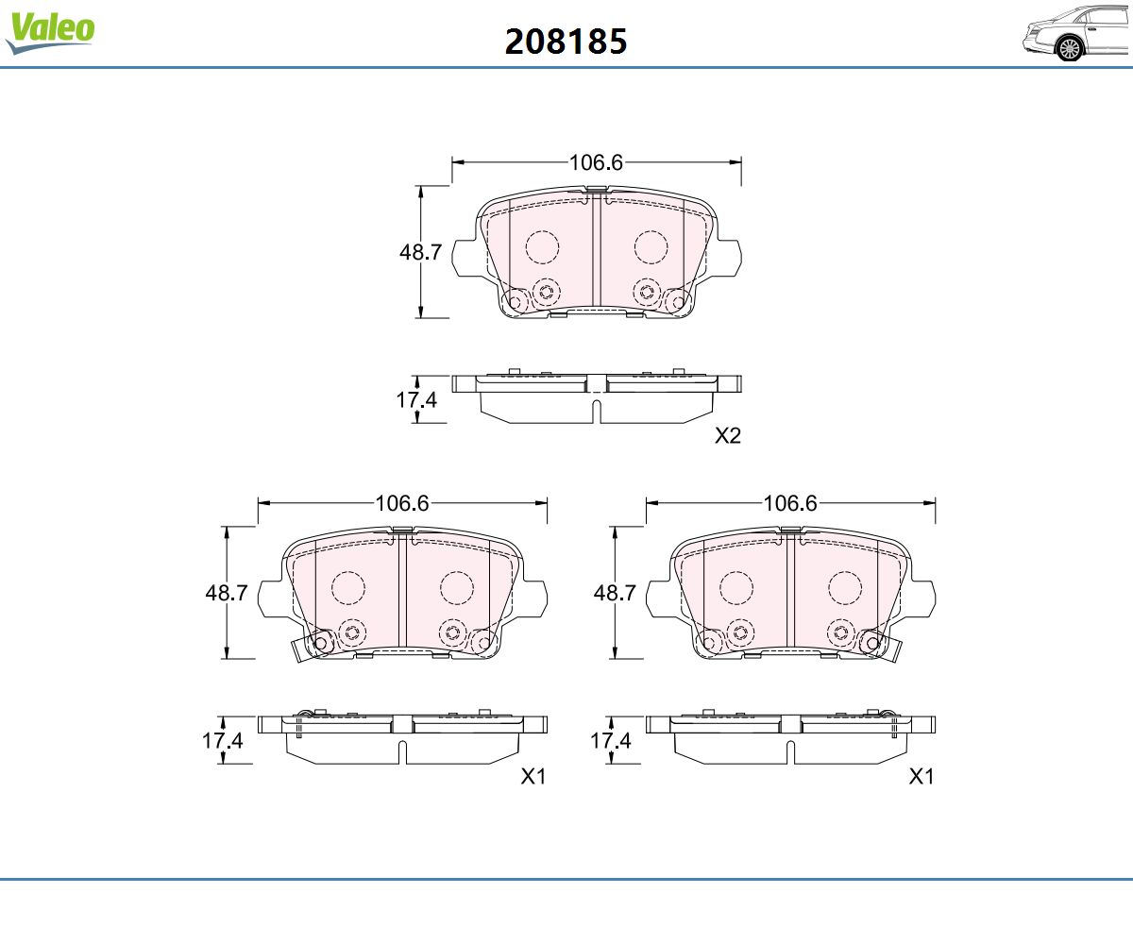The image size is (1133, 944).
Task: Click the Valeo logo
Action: point(50,32)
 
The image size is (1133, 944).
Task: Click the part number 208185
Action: point(566,42)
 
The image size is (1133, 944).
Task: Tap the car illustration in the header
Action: point(1076,34)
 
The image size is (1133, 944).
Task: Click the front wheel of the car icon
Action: point(1070,49)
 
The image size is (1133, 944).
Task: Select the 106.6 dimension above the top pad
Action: point(596,162)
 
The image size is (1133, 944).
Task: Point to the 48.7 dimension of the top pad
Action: point(420,252)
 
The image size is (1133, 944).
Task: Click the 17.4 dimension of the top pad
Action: point(416,400)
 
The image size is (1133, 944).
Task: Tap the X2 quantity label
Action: point(728,435)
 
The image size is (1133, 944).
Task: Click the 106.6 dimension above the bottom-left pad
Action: point(402,503)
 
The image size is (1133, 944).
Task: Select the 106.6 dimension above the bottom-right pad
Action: point(790,503)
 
